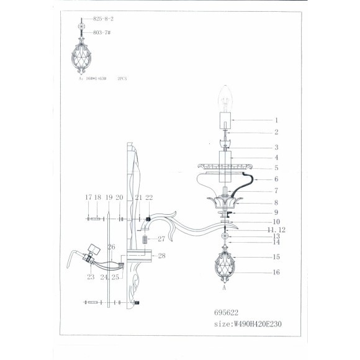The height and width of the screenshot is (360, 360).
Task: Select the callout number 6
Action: coord(276,179)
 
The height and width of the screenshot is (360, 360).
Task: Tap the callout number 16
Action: coord(276,272)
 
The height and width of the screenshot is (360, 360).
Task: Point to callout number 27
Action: coord(161,239)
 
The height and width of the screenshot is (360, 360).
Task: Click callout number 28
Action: coord(161,256)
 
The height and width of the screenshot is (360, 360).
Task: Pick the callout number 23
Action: coord(91,277)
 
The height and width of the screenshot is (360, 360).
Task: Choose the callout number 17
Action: coord(88,197)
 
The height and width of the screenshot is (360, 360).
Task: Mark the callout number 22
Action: coord(149,197)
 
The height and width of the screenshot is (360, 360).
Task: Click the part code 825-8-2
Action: coord(102,19)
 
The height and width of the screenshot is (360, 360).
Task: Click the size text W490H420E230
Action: coord(254,323)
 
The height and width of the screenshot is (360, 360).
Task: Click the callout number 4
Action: coord(276,158)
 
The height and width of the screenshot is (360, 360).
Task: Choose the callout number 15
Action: coord(276,256)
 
